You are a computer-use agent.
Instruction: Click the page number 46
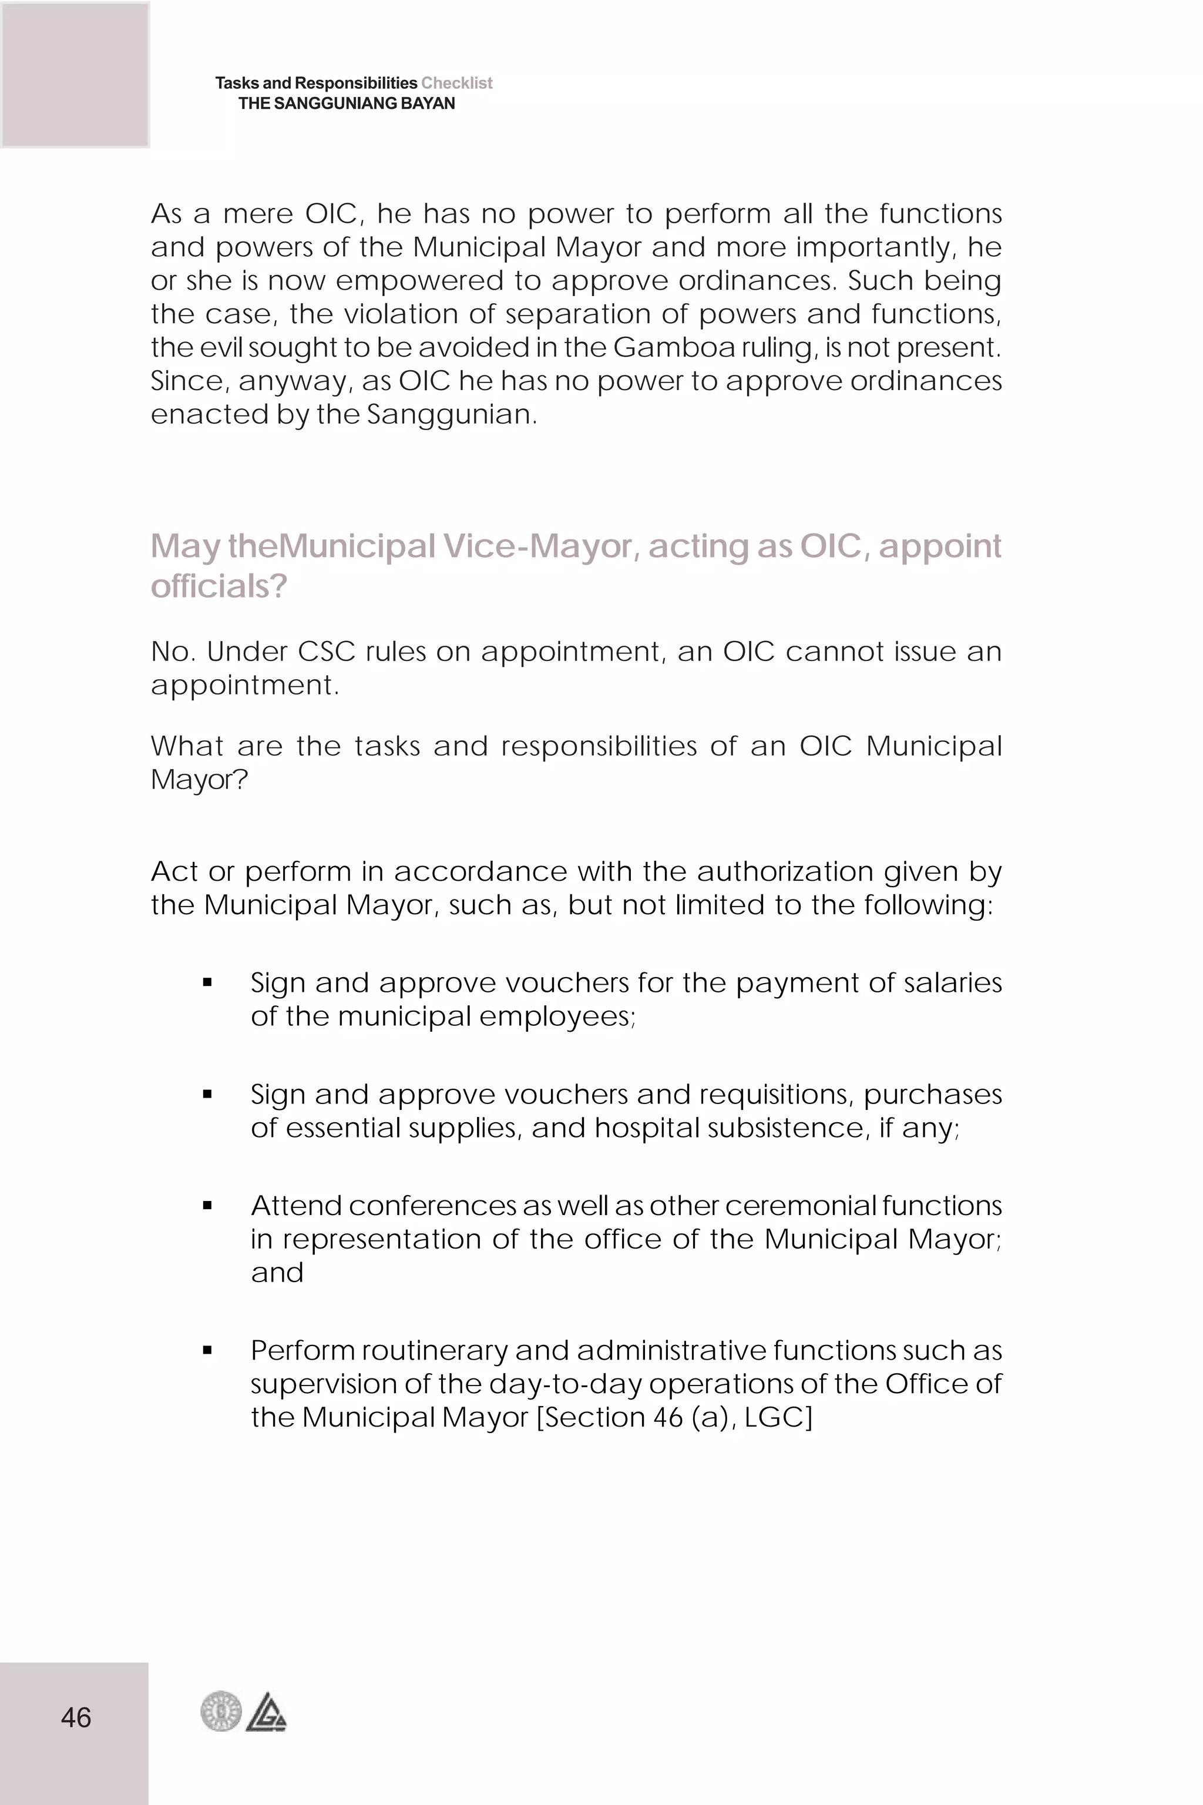76,1717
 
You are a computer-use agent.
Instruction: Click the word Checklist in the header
456,83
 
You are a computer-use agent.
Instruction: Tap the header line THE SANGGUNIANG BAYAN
346,103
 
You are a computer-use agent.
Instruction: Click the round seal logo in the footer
221,1712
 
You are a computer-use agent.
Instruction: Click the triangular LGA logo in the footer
266,1712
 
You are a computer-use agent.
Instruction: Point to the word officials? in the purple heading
219,586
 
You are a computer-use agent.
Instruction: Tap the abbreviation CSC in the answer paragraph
326,652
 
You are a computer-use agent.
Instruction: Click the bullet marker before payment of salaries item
207,983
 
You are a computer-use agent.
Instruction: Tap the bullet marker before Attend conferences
207,1206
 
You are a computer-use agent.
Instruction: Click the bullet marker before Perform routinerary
207,1351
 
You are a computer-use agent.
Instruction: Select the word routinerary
434,1351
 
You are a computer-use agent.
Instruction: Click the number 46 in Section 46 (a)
667,1417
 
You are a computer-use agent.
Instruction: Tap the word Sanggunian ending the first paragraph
448,414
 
